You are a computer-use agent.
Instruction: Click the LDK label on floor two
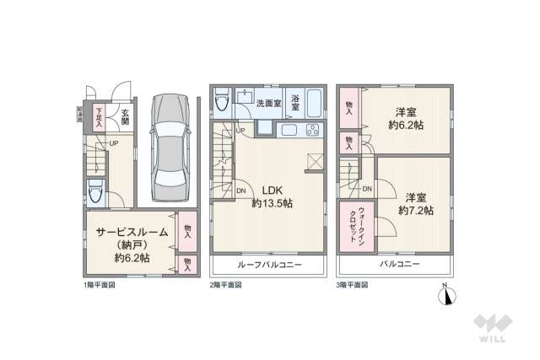pos(272,190)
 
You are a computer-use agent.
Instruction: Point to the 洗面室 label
pos(270,102)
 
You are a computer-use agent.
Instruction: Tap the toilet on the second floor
pos(222,102)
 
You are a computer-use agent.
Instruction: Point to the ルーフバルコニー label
pos(267,265)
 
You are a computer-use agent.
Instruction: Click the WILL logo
pos(492,327)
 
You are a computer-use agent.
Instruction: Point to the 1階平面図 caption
pos(100,285)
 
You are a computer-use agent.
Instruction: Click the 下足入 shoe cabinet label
pos(99,116)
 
